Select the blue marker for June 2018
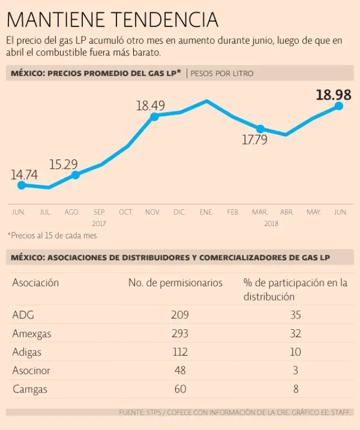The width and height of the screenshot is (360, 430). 339,105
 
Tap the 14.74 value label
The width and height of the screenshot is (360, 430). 24,175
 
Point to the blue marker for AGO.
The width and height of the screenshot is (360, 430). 75,175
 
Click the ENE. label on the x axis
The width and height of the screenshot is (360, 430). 206,212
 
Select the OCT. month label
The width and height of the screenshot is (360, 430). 126,212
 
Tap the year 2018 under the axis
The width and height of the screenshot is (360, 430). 271,223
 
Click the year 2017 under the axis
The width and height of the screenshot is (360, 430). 99,223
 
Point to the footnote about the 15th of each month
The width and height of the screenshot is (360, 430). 52,236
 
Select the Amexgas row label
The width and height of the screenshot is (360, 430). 31,334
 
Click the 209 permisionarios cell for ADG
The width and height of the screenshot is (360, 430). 180,315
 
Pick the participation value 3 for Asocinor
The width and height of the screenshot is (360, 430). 295,370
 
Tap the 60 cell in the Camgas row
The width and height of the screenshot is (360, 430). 180,389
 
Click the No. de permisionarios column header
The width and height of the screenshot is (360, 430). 175,283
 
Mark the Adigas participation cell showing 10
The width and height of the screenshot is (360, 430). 295,352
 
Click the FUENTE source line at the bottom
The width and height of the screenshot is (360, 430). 236,413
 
